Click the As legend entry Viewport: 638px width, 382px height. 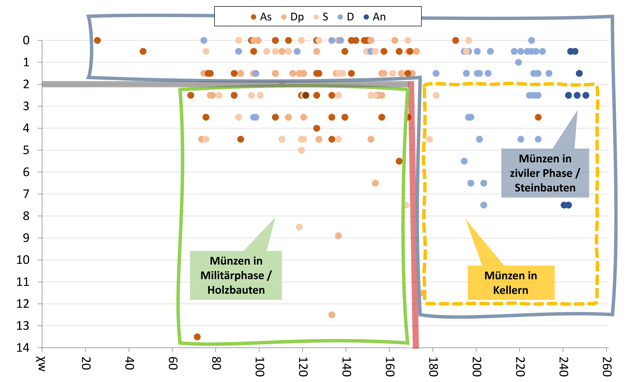pyautogui.click(x=261, y=17)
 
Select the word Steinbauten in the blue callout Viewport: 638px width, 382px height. pyautogui.click(x=545, y=188)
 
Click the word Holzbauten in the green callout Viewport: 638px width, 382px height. pyautogui.click(x=236, y=290)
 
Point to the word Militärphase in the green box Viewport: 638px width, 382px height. pyautogui.click(x=232, y=275)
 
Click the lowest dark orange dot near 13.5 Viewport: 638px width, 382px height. pyautogui.click(x=197, y=337)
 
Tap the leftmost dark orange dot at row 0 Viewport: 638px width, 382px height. pyautogui.click(x=97, y=40)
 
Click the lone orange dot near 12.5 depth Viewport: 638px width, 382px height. pyautogui.click(x=332, y=315)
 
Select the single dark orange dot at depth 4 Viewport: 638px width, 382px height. pyautogui.click(x=316, y=128)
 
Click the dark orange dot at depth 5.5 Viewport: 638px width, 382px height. pyautogui.click(x=399, y=161)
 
